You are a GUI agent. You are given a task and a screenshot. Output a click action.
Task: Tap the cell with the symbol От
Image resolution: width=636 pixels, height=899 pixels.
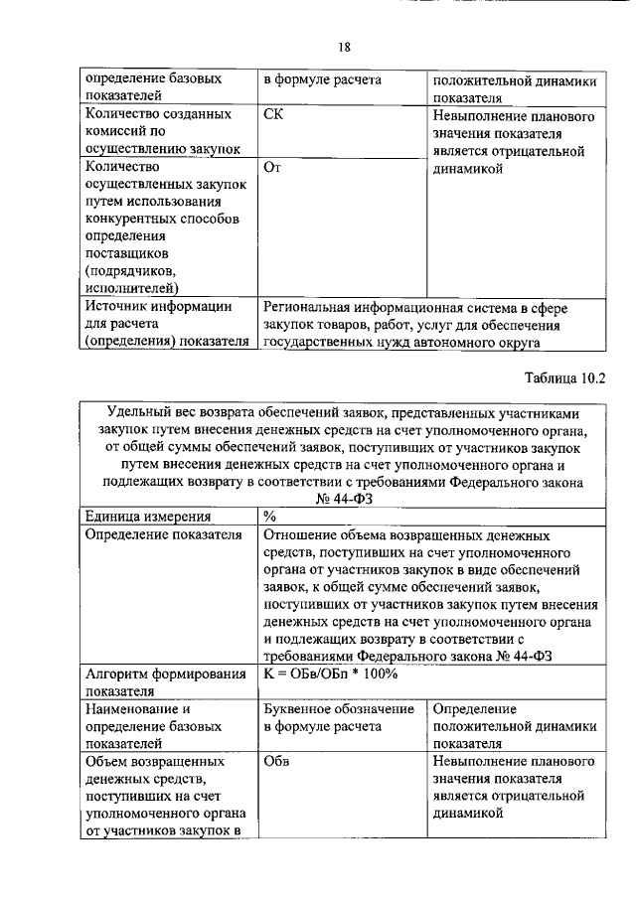click(x=273, y=168)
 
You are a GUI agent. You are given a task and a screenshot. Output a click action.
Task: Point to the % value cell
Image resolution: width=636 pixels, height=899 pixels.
click(x=269, y=517)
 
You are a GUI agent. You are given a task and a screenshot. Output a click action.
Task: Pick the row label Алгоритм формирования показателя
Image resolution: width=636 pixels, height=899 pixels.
click(x=166, y=682)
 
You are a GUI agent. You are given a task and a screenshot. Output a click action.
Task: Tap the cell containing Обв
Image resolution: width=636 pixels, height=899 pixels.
click(x=276, y=760)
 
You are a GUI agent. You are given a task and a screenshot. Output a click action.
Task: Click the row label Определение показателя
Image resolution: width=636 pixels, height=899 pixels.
click(x=163, y=535)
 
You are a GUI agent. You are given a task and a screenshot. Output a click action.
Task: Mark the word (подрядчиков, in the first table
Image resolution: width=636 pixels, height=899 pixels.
click(x=132, y=270)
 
